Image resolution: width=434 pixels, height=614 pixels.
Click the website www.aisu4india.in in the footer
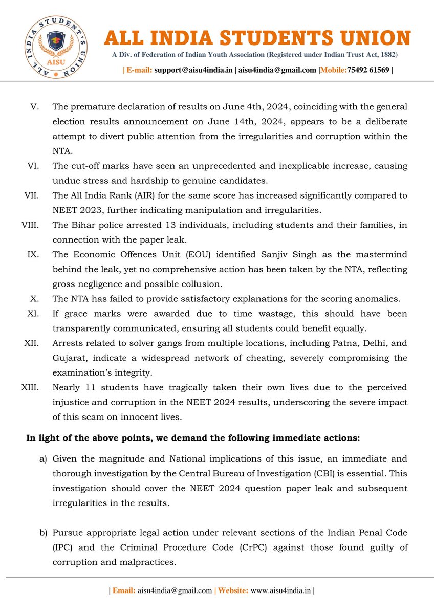click(x=281, y=590)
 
